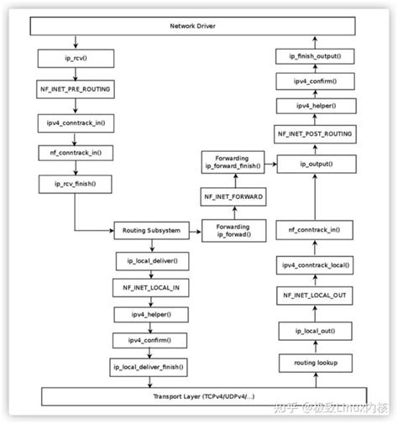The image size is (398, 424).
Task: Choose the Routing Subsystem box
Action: coord(151,229)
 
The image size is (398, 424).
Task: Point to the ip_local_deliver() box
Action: coord(151,261)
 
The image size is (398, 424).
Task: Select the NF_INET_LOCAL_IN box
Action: coord(151,287)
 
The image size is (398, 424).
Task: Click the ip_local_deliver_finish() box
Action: coord(151,368)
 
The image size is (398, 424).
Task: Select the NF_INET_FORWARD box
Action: coord(232,196)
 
